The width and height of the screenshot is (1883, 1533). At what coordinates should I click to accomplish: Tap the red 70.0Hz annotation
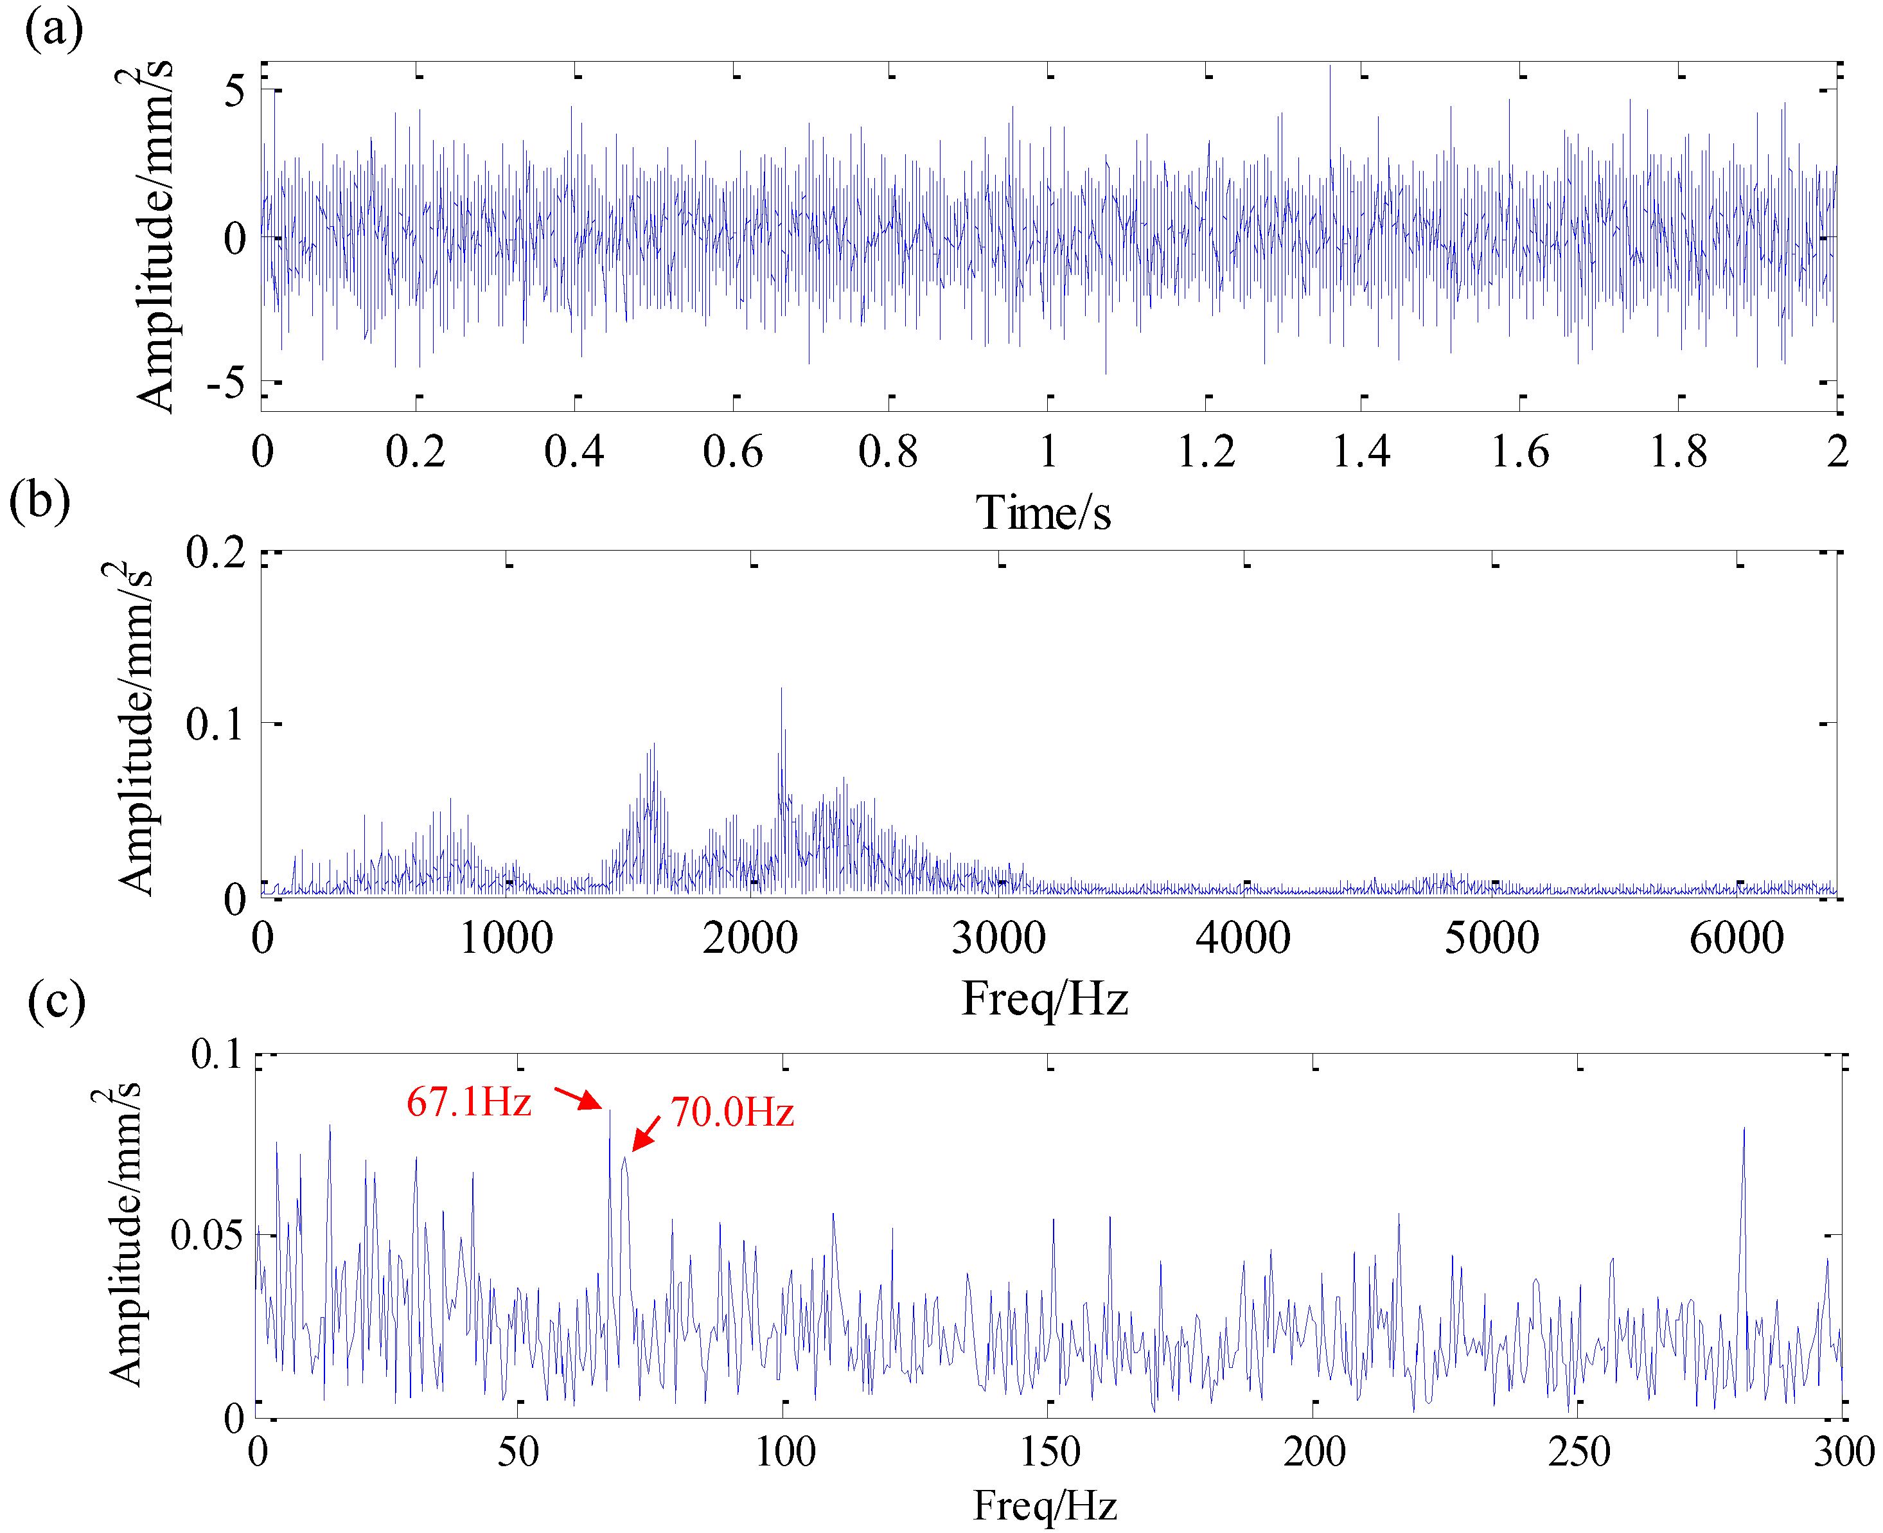(732, 1112)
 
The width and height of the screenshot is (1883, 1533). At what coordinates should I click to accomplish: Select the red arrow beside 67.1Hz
(578, 1097)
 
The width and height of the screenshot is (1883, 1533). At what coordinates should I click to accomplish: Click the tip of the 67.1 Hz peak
(609, 1112)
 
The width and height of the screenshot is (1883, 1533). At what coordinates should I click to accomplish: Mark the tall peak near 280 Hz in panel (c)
(1744, 1130)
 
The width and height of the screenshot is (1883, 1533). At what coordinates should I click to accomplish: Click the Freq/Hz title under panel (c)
(1045, 1505)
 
